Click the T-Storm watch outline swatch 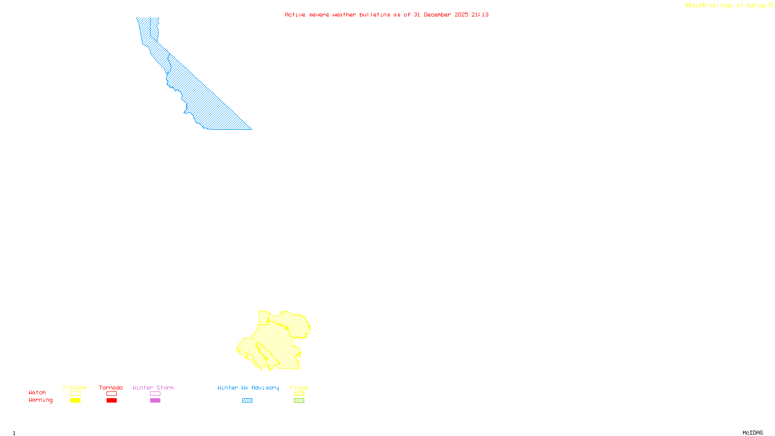point(75,394)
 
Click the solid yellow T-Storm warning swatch point(75,401)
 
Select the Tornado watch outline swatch point(111,394)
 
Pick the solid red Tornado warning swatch point(111,401)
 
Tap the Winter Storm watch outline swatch point(155,394)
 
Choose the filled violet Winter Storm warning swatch point(155,401)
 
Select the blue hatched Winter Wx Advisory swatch point(247,401)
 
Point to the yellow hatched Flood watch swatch point(299,394)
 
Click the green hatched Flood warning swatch point(299,401)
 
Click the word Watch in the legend point(37,393)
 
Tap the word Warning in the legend point(40,400)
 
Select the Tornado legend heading point(111,388)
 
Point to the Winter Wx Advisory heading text point(248,388)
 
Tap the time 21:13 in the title point(480,15)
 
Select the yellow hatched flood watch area point(276,339)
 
